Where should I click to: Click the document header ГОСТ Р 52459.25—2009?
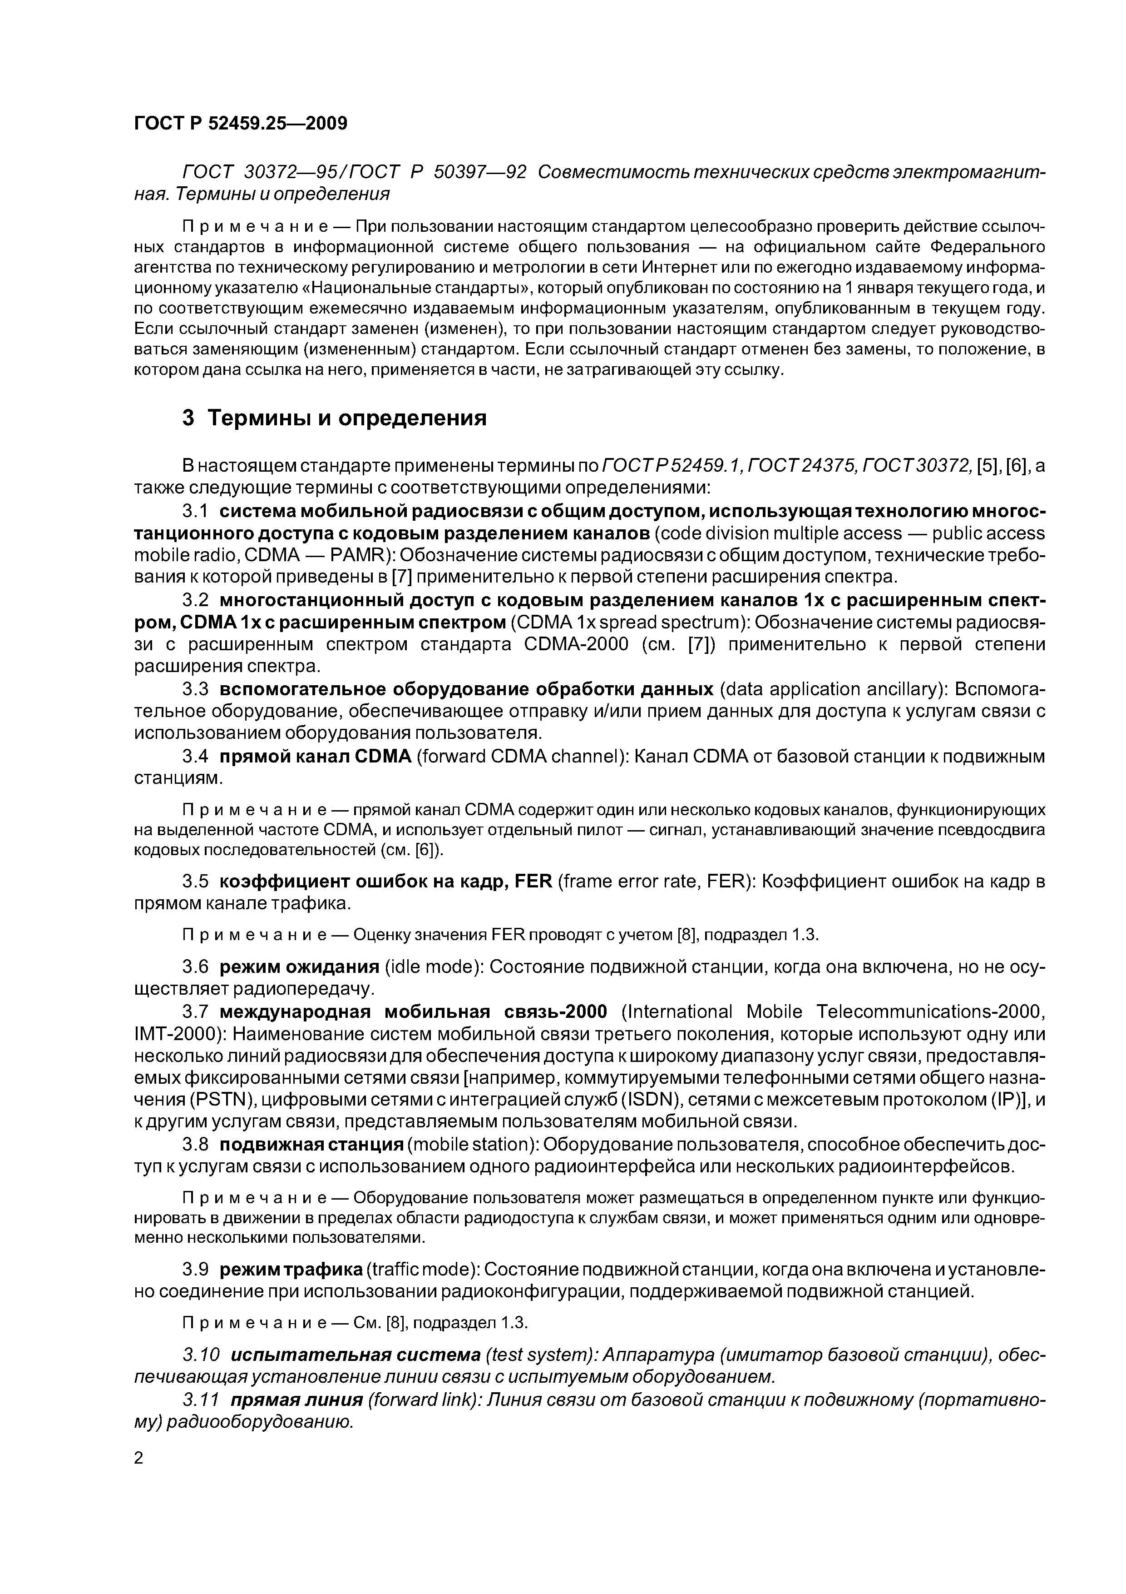click(x=240, y=124)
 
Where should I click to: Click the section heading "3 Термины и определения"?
click(x=334, y=418)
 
